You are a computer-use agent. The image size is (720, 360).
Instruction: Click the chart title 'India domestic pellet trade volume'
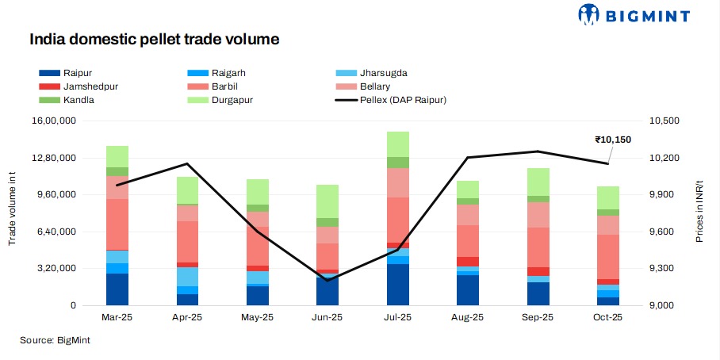pyautogui.click(x=154, y=38)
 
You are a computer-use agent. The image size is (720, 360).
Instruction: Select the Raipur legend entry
pyautogui.click(x=66, y=73)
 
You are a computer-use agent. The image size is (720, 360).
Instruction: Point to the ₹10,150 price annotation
pyautogui.click(x=613, y=140)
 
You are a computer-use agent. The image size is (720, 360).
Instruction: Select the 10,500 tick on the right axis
pyautogui.click(x=664, y=121)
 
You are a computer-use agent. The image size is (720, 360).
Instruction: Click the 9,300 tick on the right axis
pyautogui.click(x=662, y=269)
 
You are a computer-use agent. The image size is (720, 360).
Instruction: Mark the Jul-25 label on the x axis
pyautogui.click(x=397, y=317)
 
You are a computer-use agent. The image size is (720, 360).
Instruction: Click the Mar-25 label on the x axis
pyautogui.click(x=117, y=317)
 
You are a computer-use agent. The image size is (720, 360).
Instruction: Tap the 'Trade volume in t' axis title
pyautogui.click(x=13, y=213)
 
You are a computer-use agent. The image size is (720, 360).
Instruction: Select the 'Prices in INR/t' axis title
pyautogui.click(x=699, y=213)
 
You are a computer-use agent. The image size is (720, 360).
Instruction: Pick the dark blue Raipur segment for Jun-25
pyautogui.click(x=327, y=291)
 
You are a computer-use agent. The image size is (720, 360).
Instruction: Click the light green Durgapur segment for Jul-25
pyautogui.click(x=398, y=144)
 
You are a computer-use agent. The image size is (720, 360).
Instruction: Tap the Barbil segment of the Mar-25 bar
pyautogui.click(x=117, y=224)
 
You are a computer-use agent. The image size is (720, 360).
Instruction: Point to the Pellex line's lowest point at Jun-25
pyautogui.click(x=327, y=280)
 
